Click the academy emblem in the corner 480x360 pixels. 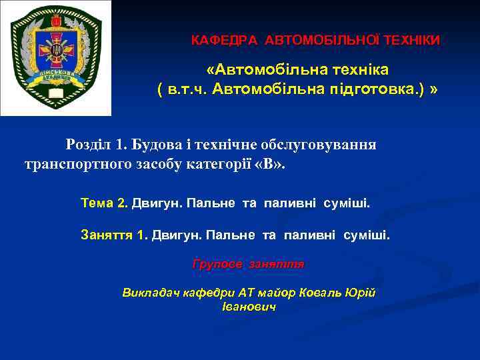click(x=55, y=58)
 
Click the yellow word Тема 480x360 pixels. click(x=96, y=203)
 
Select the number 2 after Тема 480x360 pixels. click(x=122, y=203)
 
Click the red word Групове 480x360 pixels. click(x=217, y=264)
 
